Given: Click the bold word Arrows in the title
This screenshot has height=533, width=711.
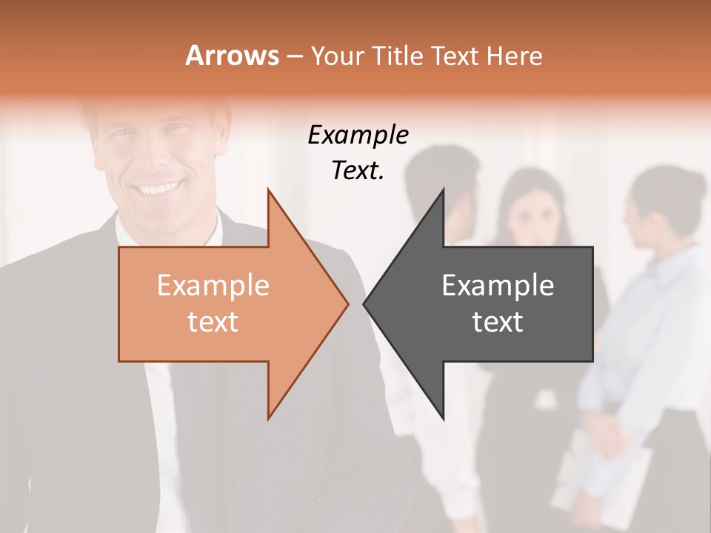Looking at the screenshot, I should (x=233, y=56).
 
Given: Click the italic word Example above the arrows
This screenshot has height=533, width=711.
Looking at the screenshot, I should (x=358, y=135).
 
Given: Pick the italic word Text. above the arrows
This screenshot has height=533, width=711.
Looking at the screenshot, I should (x=358, y=171).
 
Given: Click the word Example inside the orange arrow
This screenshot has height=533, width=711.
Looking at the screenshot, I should (x=213, y=286).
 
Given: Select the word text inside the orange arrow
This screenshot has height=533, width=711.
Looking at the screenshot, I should (x=213, y=321).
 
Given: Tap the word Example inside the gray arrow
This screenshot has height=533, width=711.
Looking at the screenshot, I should (x=498, y=286).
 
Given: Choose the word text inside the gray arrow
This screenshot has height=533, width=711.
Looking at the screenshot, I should (x=498, y=321).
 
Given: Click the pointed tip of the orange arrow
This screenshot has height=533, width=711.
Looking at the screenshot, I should (x=347, y=304).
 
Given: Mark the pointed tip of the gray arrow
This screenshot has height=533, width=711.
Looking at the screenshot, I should (x=364, y=304).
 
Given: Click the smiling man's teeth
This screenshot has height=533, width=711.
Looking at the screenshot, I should (x=158, y=187).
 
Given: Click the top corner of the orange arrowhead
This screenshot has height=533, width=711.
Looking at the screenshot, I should (x=269, y=190).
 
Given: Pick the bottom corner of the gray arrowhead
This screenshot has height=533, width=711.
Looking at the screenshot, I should (x=443, y=419).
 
